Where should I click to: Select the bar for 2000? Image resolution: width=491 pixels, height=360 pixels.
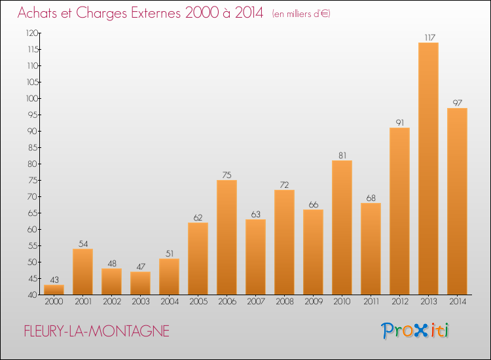tap(54, 290)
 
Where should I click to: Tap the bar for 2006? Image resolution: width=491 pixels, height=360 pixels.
tap(227, 237)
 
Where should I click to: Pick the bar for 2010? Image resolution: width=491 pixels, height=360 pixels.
tap(342, 227)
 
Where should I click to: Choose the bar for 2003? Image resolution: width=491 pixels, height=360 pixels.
tap(140, 283)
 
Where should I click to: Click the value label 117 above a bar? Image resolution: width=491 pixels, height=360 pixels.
tap(428, 37)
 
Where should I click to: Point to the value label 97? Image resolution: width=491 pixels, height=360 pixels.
tap(457, 103)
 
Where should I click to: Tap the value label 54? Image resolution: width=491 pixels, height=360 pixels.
tap(82, 243)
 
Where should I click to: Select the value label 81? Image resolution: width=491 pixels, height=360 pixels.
tap(342, 155)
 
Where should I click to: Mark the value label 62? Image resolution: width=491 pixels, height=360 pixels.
tap(198, 217)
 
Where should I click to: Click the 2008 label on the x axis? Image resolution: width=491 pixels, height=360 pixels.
tap(284, 302)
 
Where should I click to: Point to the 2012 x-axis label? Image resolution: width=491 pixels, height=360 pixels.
tap(399, 302)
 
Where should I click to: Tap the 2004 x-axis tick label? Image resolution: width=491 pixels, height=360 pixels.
tap(169, 302)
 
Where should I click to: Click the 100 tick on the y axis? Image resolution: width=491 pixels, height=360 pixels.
tap(31, 98)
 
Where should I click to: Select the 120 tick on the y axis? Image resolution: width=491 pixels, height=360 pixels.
tap(31, 33)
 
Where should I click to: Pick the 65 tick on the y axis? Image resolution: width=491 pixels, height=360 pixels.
tap(32, 213)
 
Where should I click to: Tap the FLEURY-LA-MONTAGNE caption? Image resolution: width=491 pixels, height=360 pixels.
tap(96, 332)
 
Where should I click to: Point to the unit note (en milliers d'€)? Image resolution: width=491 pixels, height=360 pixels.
tap(301, 14)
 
